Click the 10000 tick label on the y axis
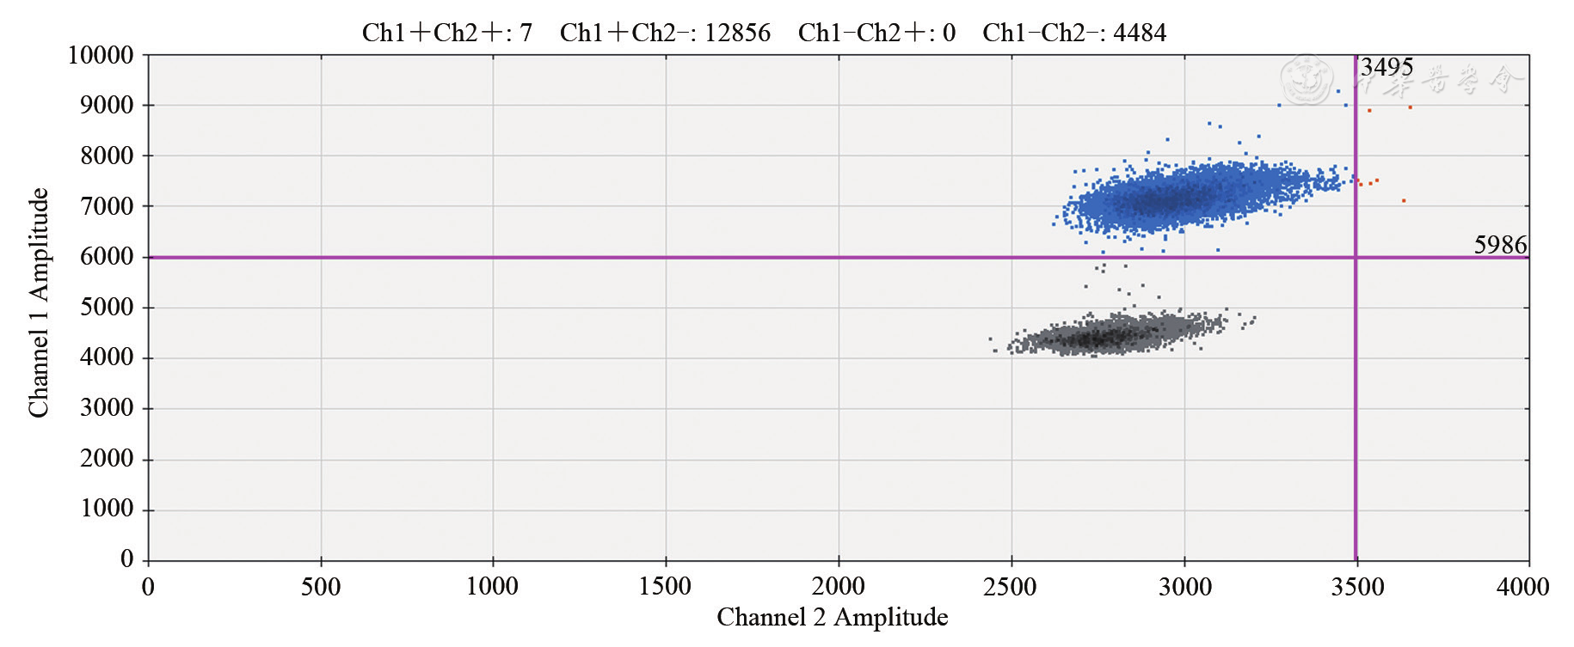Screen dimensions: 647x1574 click(101, 55)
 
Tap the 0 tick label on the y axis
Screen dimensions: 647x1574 click(126, 559)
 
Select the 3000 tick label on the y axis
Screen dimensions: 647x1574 click(107, 407)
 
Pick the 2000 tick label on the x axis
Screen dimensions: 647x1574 click(838, 587)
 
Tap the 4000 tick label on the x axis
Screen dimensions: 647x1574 click(1522, 587)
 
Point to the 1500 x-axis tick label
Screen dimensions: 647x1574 click(665, 587)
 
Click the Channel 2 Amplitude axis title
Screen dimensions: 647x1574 click(832, 617)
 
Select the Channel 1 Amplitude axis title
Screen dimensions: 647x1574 click(39, 303)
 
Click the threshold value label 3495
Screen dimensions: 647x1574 click(1386, 67)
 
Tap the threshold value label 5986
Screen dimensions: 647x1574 click(1500, 245)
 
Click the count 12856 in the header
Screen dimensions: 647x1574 click(737, 33)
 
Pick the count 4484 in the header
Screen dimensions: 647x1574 click(1140, 33)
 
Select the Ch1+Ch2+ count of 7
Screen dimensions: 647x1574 click(526, 33)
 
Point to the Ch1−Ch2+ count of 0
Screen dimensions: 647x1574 click(949, 33)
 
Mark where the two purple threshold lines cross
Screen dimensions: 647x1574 click(1356, 257)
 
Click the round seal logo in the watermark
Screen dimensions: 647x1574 click(1307, 80)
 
